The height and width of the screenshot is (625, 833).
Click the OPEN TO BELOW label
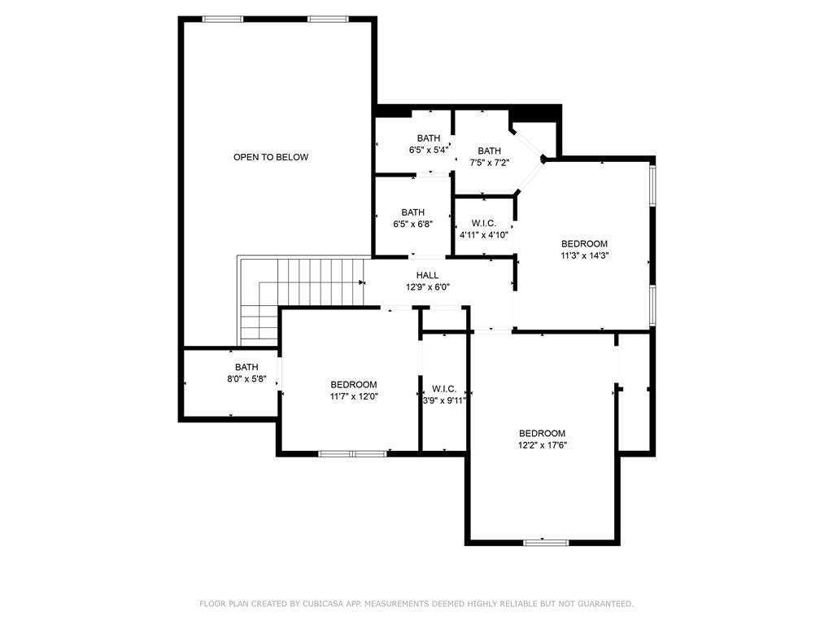pos(271,157)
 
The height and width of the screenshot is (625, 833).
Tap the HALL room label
pos(428,275)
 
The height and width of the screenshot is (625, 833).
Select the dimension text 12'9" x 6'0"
pos(428,287)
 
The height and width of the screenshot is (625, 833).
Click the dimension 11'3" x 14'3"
pos(584,256)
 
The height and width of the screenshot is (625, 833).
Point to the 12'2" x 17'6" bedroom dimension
pos(543,445)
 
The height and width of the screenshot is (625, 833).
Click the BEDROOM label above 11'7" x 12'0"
pos(354,385)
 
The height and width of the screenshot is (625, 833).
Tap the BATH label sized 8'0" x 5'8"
pos(246,367)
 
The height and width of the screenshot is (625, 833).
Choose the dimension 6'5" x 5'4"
pos(429,151)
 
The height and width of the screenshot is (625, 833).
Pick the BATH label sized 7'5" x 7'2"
pos(489,151)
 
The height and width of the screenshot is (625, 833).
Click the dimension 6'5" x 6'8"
pos(413,225)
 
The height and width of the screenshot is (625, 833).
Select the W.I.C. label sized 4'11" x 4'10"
pos(484,224)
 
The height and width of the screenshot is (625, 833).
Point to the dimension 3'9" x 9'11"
pos(444,400)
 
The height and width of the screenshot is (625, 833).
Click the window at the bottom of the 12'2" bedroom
pos(546,543)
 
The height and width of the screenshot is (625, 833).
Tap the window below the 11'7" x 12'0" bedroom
pos(353,454)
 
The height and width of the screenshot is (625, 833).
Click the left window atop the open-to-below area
pos(223,20)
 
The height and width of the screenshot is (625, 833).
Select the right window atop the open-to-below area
pos(329,20)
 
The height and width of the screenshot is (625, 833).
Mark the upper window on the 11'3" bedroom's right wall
pos(653,186)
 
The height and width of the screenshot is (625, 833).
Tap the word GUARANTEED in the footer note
pos(605,604)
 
